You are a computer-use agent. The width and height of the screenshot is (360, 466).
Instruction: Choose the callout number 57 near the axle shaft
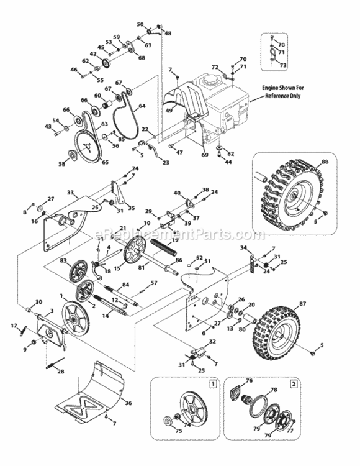154,283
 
